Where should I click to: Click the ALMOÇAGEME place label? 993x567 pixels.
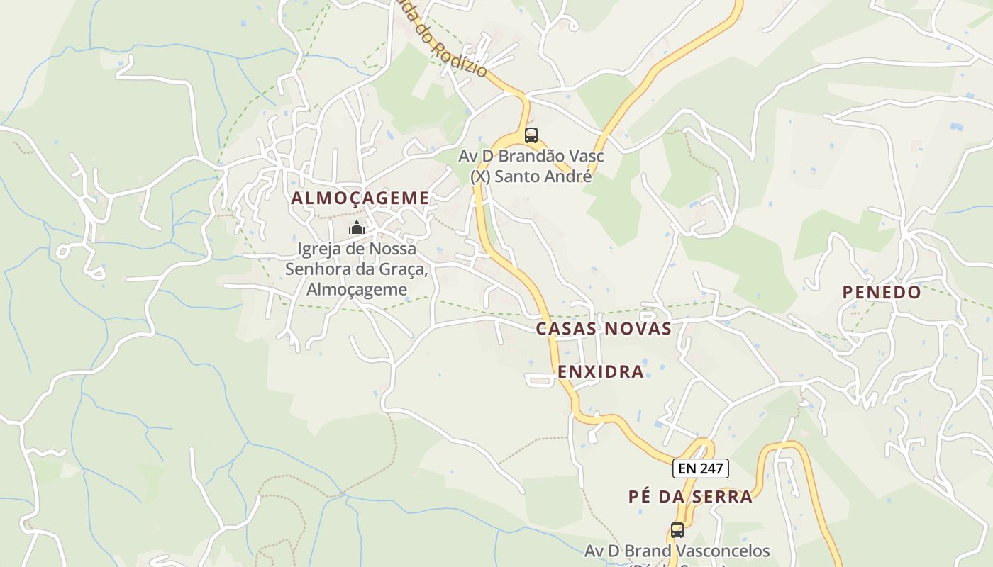point(360,198)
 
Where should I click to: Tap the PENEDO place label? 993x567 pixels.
point(882,292)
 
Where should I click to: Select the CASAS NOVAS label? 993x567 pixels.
point(604,329)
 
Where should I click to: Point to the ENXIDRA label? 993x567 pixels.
point(601,371)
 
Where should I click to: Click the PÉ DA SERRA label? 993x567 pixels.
point(690,496)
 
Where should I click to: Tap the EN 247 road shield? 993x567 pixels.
point(700,468)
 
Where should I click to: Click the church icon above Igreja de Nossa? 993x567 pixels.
point(356,228)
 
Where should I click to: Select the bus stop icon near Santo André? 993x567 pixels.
point(531,135)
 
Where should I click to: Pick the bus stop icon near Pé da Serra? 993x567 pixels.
point(677,529)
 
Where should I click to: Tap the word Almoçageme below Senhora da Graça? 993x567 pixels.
point(357,289)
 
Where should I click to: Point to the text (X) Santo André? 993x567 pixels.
point(531,176)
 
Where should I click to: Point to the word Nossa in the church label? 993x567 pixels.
point(394,249)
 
